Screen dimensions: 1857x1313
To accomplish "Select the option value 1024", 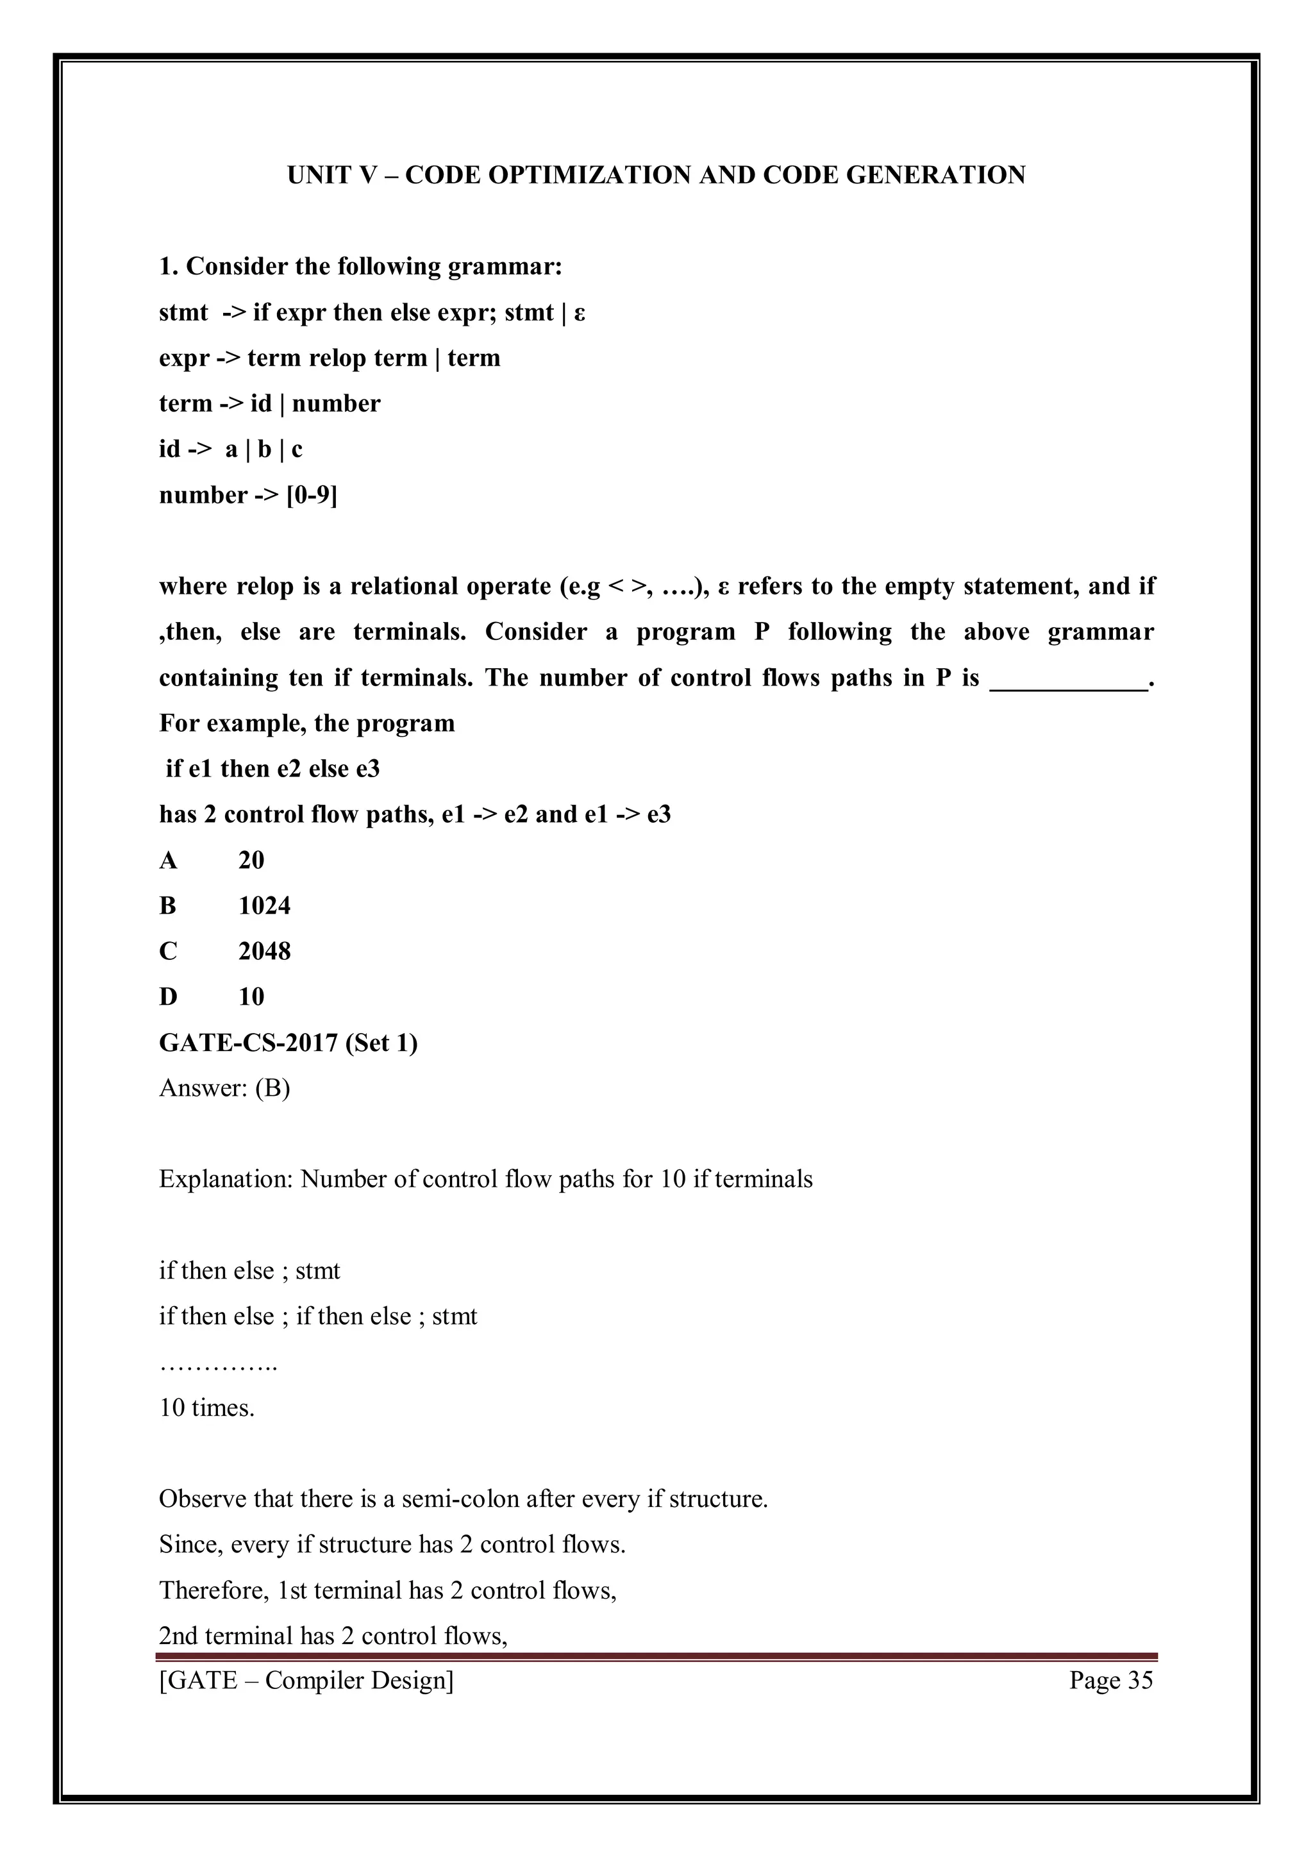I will [264, 906].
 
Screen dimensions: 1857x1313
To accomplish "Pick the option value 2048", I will [264, 951].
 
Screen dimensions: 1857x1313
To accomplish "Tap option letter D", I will [168, 997].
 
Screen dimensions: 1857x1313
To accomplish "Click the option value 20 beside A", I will [251, 861].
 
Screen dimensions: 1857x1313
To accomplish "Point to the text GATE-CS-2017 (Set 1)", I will [288, 1043].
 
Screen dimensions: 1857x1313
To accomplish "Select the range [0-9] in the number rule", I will [312, 495].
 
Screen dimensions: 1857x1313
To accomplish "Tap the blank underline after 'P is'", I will [1068, 680].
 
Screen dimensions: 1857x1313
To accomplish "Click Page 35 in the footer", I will [1111, 1681].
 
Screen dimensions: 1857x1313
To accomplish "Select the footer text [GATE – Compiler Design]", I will [306, 1681].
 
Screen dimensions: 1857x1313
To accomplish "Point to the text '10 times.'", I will [207, 1408].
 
